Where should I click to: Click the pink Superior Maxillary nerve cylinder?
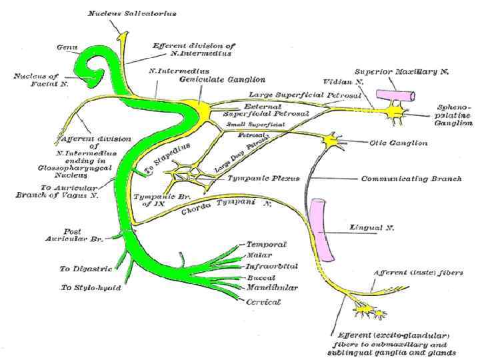click(x=393, y=95)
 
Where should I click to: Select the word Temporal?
click(x=266, y=245)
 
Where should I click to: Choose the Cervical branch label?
click(x=263, y=301)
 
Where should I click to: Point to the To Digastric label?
click(x=83, y=269)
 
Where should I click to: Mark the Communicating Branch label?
click(x=401, y=179)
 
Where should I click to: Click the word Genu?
click(x=67, y=47)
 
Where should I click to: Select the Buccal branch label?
click(x=260, y=277)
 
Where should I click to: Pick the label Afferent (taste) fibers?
click(x=415, y=273)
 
